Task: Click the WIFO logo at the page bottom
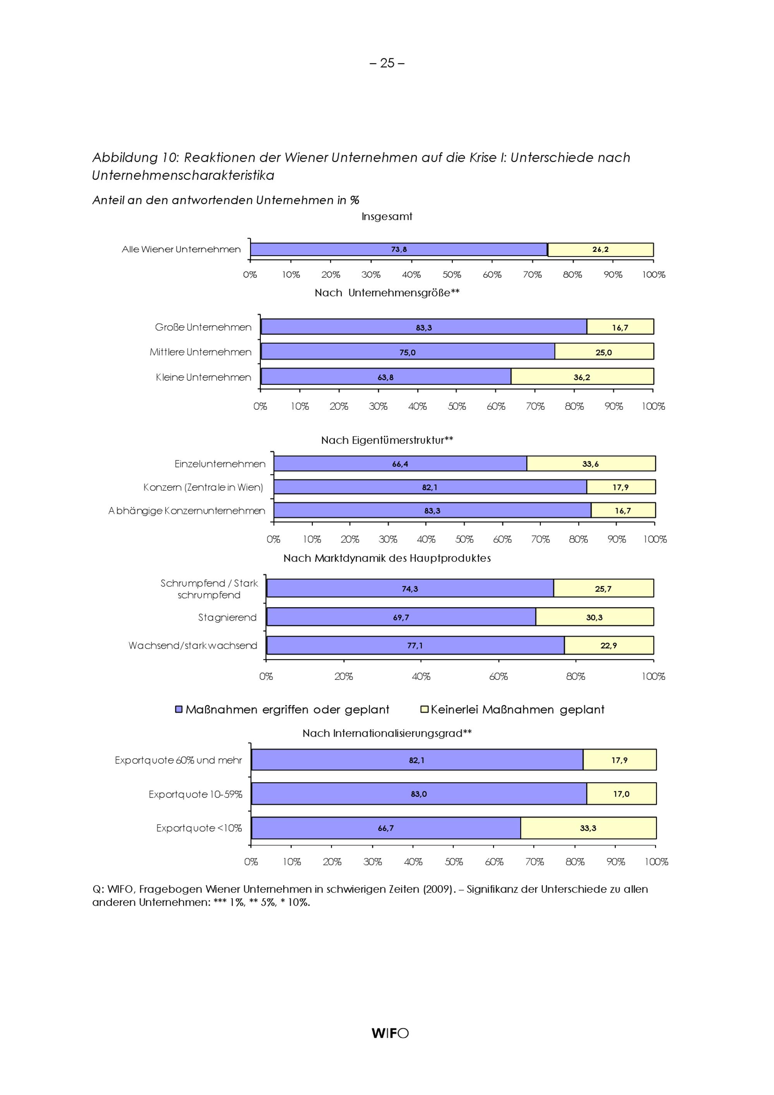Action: pyautogui.click(x=390, y=1033)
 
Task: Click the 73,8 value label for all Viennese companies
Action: pyautogui.click(x=399, y=250)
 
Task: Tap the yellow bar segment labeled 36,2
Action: pyautogui.click(x=582, y=377)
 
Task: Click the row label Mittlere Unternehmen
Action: pyautogui.click(x=200, y=352)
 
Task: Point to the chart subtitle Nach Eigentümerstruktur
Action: pyautogui.click(x=387, y=440)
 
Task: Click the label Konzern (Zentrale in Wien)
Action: pyautogui.click(x=203, y=488)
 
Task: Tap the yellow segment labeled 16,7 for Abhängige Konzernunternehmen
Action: pyautogui.click(x=623, y=511)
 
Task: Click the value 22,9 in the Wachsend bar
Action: pyautogui.click(x=608, y=646)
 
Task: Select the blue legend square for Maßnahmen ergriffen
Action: pyautogui.click(x=179, y=710)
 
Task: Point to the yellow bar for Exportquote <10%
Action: pyautogui.click(x=588, y=828)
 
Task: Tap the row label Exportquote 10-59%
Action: pyautogui.click(x=195, y=794)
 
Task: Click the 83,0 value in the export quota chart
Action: pyautogui.click(x=419, y=794)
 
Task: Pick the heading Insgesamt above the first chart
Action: pyautogui.click(x=387, y=217)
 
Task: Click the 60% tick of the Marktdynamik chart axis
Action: pyautogui.click(x=498, y=676)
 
